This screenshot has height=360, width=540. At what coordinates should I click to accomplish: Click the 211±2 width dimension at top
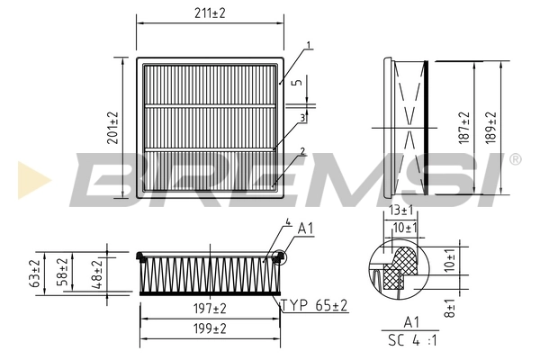point(209,13)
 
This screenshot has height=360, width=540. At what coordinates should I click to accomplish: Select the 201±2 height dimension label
point(113,129)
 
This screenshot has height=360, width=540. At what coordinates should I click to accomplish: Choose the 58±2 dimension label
point(62,271)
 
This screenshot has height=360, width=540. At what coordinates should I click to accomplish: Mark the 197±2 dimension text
point(209,309)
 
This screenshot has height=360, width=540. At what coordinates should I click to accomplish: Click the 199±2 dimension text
point(209,328)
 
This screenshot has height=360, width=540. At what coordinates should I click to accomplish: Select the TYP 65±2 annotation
point(313,307)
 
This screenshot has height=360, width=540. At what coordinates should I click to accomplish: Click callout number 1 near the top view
point(309,45)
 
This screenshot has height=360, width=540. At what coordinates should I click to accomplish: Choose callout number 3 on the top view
point(303,117)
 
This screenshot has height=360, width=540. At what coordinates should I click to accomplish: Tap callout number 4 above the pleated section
point(287,221)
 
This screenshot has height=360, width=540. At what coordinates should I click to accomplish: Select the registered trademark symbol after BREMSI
point(514,159)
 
